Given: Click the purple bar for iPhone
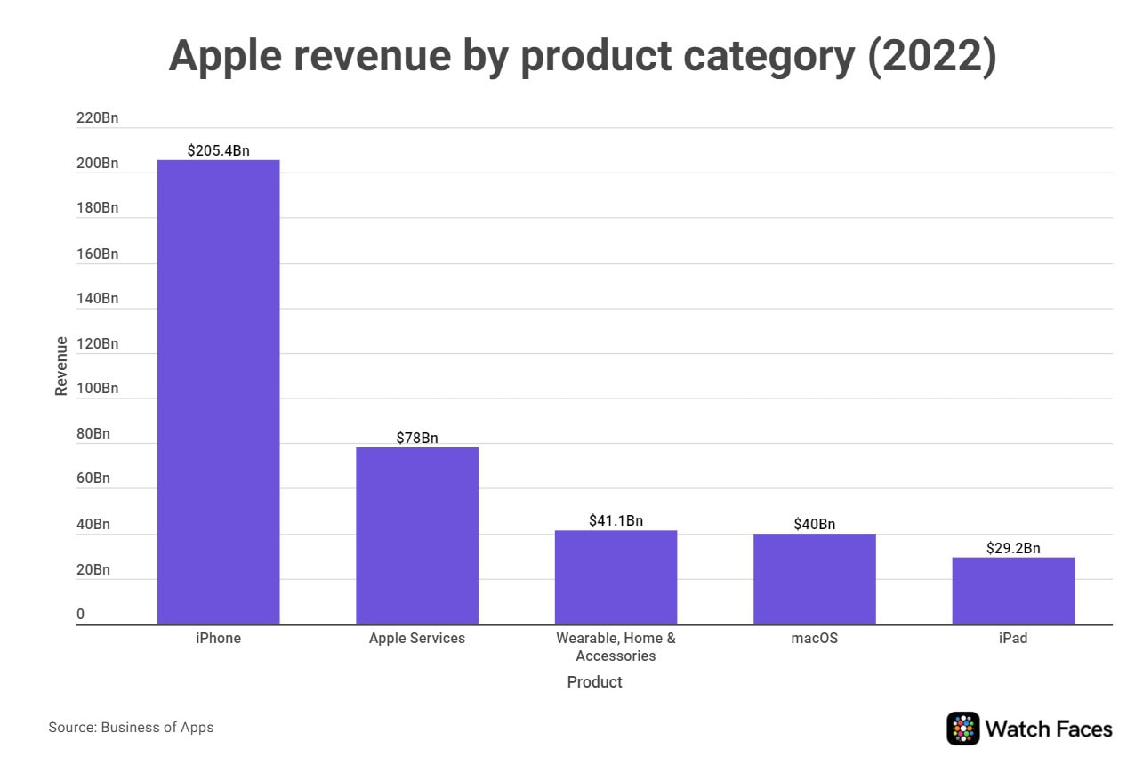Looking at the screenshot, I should coord(218,391).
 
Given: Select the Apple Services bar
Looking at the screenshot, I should coord(417,535).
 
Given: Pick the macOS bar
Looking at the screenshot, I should coord(814,578).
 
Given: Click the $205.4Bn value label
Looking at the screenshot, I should coord(218,151).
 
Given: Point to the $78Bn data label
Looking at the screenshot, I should coord(417,438).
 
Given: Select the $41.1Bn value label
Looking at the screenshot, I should coord(616,520).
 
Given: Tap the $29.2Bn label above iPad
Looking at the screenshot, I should coord(1013,548).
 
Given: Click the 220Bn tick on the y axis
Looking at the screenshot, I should coord(97,117).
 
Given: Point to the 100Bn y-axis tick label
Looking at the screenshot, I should coord(97,389).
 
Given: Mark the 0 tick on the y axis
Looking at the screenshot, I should coord(80,615).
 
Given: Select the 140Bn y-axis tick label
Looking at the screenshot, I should coord(97,298).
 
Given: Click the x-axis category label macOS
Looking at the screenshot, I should coord(814,639).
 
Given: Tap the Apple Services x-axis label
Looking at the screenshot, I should coord(417,639).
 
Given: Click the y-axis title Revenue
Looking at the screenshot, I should coord(61,366).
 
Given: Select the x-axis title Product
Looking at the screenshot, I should coord(594,682).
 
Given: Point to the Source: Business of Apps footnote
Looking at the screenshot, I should coord(131,728).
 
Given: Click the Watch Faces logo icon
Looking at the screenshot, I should coord(962,729).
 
